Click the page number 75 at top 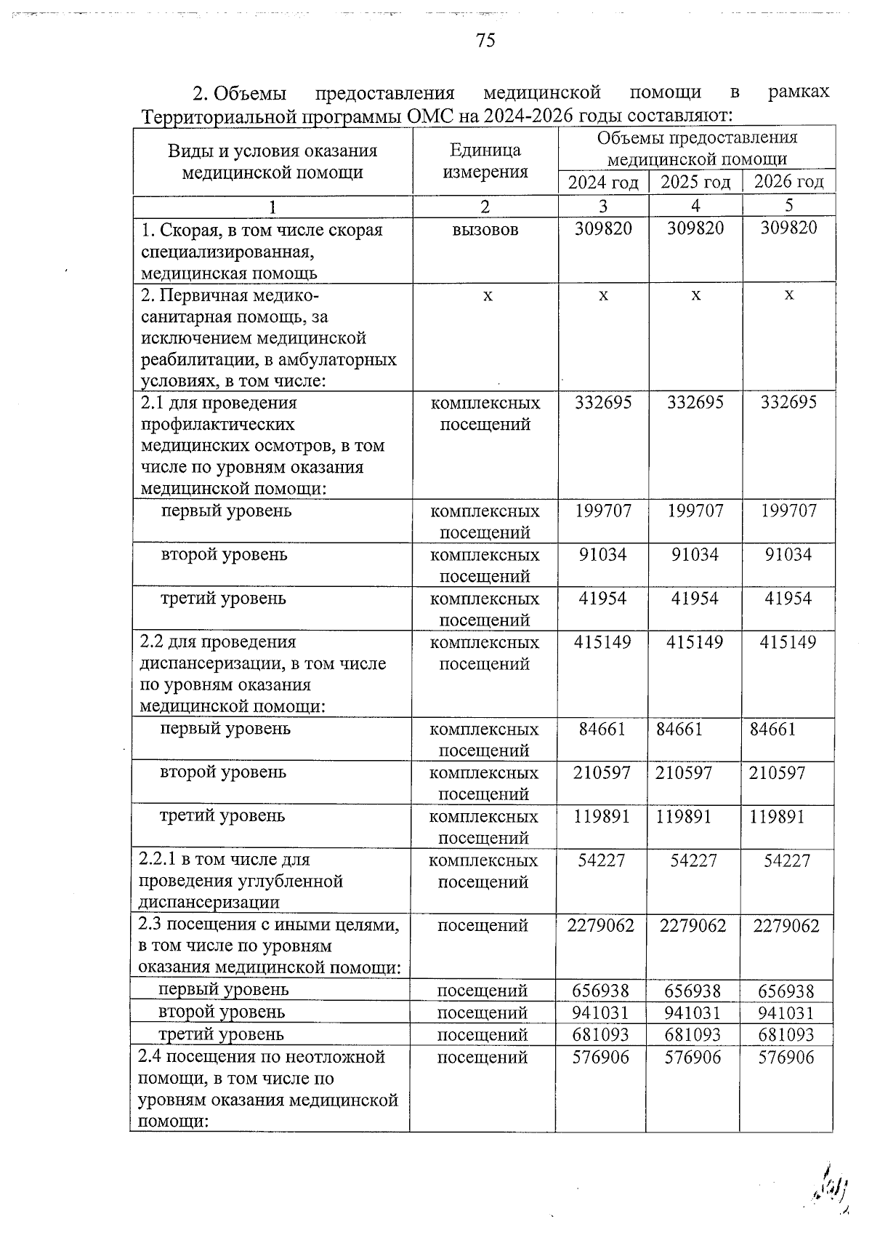pyautogui.click(x=485, y=41)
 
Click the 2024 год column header pyautogui.click(x=603, y=182)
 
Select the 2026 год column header pyautogui.click(x=788, y=182)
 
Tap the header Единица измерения pyautogui.click(x=485, y=161)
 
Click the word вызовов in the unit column pyautogui.click(x=485, y=230)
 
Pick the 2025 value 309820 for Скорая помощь pyautogui.click(x=695, y=228)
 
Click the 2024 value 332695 pyautogui.click(x=603, y=402)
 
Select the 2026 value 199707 pyautogui.click(x=788, y=511)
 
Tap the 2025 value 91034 pyautogui.click(x=695, y=555)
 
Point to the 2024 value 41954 pyautogui.click(x=603, y=599)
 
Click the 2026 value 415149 pyautogui.click(x=788, y=642)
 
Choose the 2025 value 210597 pyautogui.click(x=684, y=772)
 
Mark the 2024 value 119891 pyautogui.click(x=602, y=816)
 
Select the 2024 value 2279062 pyautogui.click(x=602, y=926)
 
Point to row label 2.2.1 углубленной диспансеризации pyautogui.click(x=240, y=881)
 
